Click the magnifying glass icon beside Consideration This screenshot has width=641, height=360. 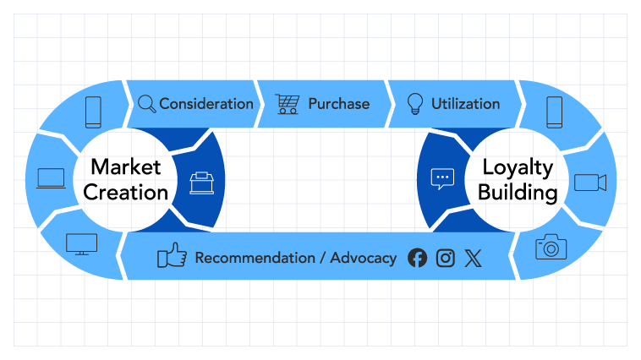pyautogui.click(x=146, y=104)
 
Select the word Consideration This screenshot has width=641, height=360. pyautogui.click(x=206, y=104)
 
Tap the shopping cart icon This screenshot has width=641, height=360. pyautogui.click(x=288, y=104)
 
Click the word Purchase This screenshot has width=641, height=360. pyautogui.click(x=338, y=104)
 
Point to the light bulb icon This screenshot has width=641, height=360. pyautogui.click(x=415, y=104)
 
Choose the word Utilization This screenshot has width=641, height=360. pyautogui.click(x=465, y=104)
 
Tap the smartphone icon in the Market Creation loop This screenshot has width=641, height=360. pyautogui.click(x=93, y=112)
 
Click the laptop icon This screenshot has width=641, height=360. pyautogui.click(x=51, y=178)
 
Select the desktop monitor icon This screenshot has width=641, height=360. pyautogui.click(x=82, y=244)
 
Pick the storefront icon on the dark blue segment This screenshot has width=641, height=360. pyautogui.click(x=201, y=183)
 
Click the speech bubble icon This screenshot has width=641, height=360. pyautogui.click(x=442, y=178)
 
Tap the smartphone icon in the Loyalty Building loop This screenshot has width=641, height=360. pyautogui.click(x=554, y=112)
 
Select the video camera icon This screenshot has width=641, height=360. pyautogui.click(x=590, y=183)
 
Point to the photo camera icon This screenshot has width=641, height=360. pyautogui.click(x=551, y=247)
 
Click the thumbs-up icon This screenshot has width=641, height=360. pyautogui.click(x=173, y=256)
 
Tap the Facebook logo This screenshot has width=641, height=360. pyautogui.click(x=417, y=258)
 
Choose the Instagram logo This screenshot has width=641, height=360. pyautogui.click(x=446, y=258)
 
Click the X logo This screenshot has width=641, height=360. pyautogui.click(x=472, y=258)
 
